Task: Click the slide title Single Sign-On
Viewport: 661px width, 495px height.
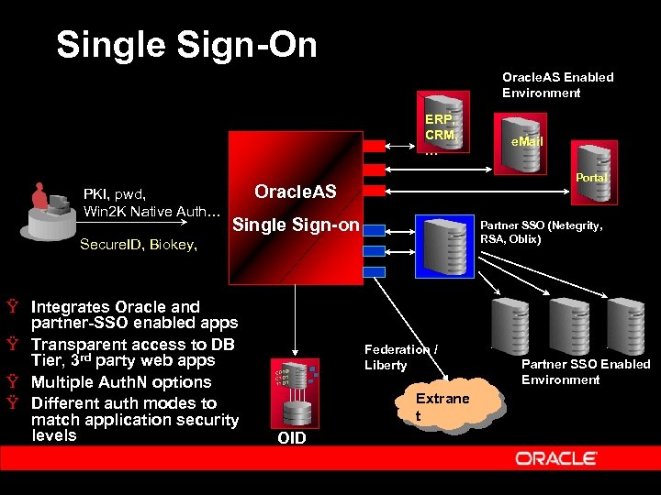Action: click(x=186, y=45)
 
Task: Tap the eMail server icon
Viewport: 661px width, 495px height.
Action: click(x=520, y=137)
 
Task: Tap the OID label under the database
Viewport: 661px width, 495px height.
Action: click(x=291, y=438)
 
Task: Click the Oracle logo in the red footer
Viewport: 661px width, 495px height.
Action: click(x=556, y=458)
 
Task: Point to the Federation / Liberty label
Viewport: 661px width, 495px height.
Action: click(x=400, y=357)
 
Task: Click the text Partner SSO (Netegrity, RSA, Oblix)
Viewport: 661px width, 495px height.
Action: click(x=542, y=232)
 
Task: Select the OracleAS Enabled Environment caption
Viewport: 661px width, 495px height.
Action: click(x=557, y=84)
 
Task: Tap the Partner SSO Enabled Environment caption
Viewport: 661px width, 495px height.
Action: click(x=585, y=371)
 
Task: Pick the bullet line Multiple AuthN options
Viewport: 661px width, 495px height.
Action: click(x=121, y=382)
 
